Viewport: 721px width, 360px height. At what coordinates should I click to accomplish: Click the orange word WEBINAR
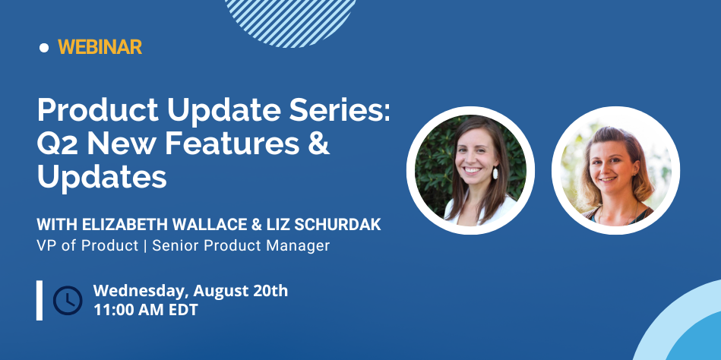click(x=100, y=47)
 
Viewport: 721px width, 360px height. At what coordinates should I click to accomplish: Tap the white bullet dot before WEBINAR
click(x=44, y=47)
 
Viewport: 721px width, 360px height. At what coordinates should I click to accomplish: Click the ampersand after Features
click(x=320, y=144)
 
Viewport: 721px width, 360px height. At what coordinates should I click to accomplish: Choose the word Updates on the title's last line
click(x=102, y=178)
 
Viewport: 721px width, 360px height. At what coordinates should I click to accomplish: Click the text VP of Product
click(x=87, y=246)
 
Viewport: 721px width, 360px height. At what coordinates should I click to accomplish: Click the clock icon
click(x=68, y=300)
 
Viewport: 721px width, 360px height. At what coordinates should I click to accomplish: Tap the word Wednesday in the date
click(x=141, y=292)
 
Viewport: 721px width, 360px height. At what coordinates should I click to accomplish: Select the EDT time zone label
click(x=182, y=309)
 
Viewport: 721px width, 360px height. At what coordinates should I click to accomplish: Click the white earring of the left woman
click(x=495, y=173)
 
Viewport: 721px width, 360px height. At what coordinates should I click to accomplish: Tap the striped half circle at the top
click(x=290, y=23)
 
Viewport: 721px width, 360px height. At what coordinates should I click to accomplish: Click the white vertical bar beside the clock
click(x=40, y=300)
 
